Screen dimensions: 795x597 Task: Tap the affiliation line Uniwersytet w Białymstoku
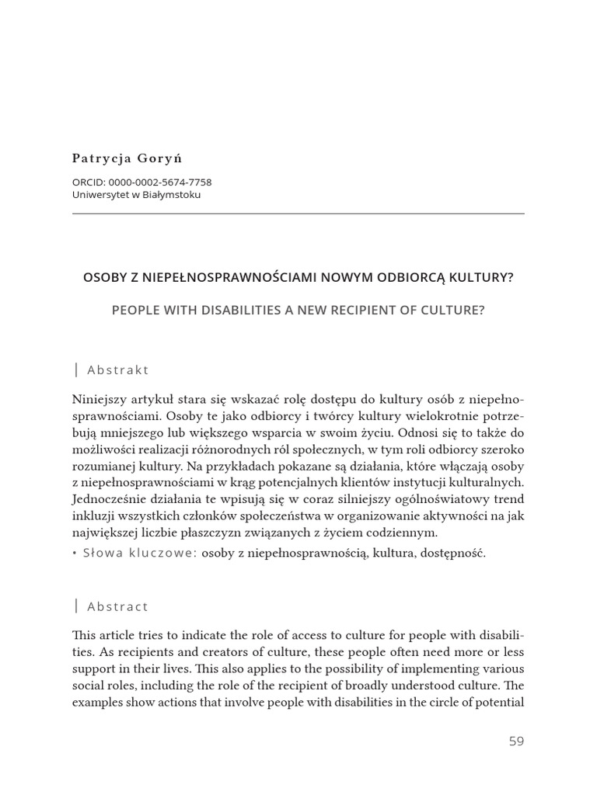(136, 195)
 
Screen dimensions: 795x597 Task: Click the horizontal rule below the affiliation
(298, 214)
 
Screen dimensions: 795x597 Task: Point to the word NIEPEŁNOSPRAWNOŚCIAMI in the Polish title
(211, 277)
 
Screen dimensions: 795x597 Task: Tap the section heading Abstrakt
(118, 370)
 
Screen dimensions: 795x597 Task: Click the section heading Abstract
(118, 606)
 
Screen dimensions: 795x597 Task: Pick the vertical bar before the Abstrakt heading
(76, 370)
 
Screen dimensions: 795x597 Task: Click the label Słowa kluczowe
(140, 553)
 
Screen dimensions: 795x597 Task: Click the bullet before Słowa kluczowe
(75, 553)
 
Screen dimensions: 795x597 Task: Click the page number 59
(516, 741)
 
